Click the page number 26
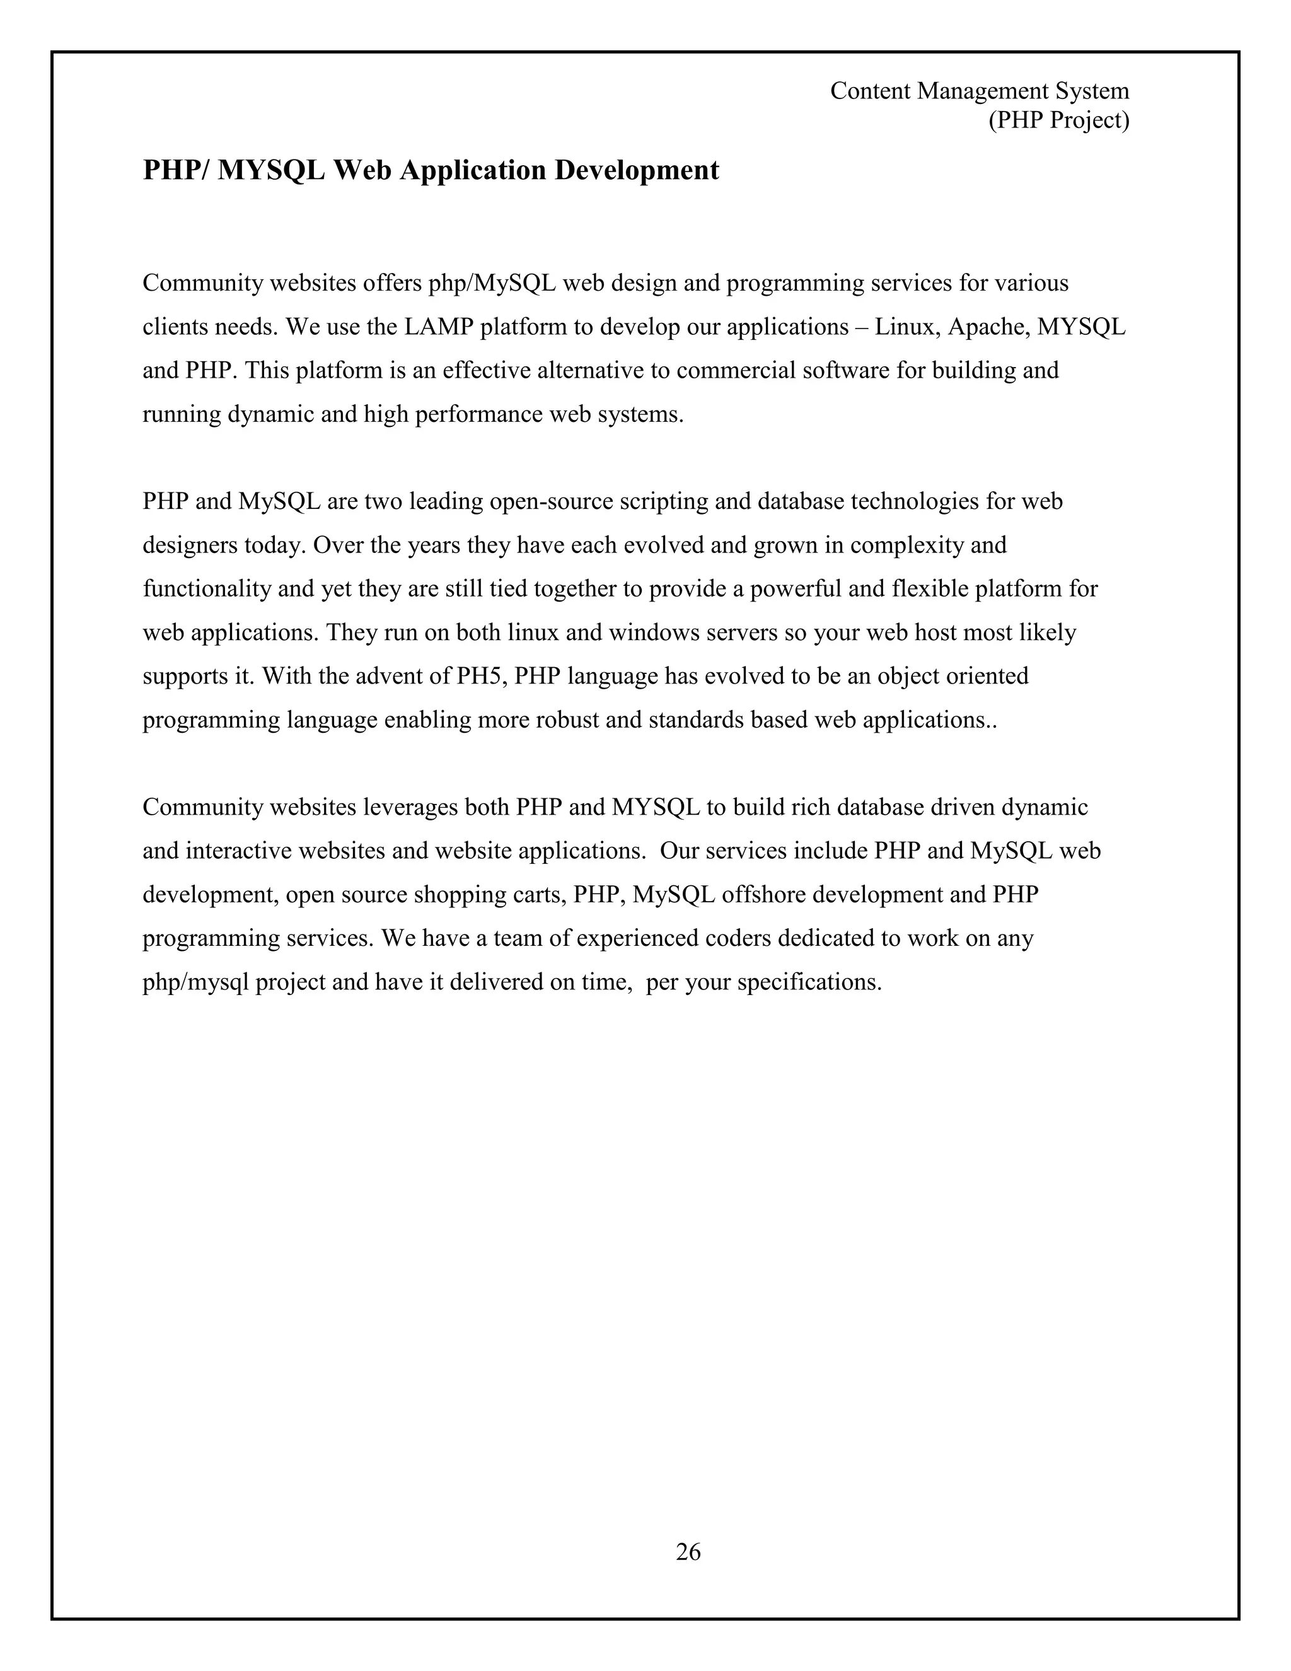(688, 1551)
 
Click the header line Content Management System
(979, 91)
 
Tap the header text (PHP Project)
(1058, 120)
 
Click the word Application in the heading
(473, 170)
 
